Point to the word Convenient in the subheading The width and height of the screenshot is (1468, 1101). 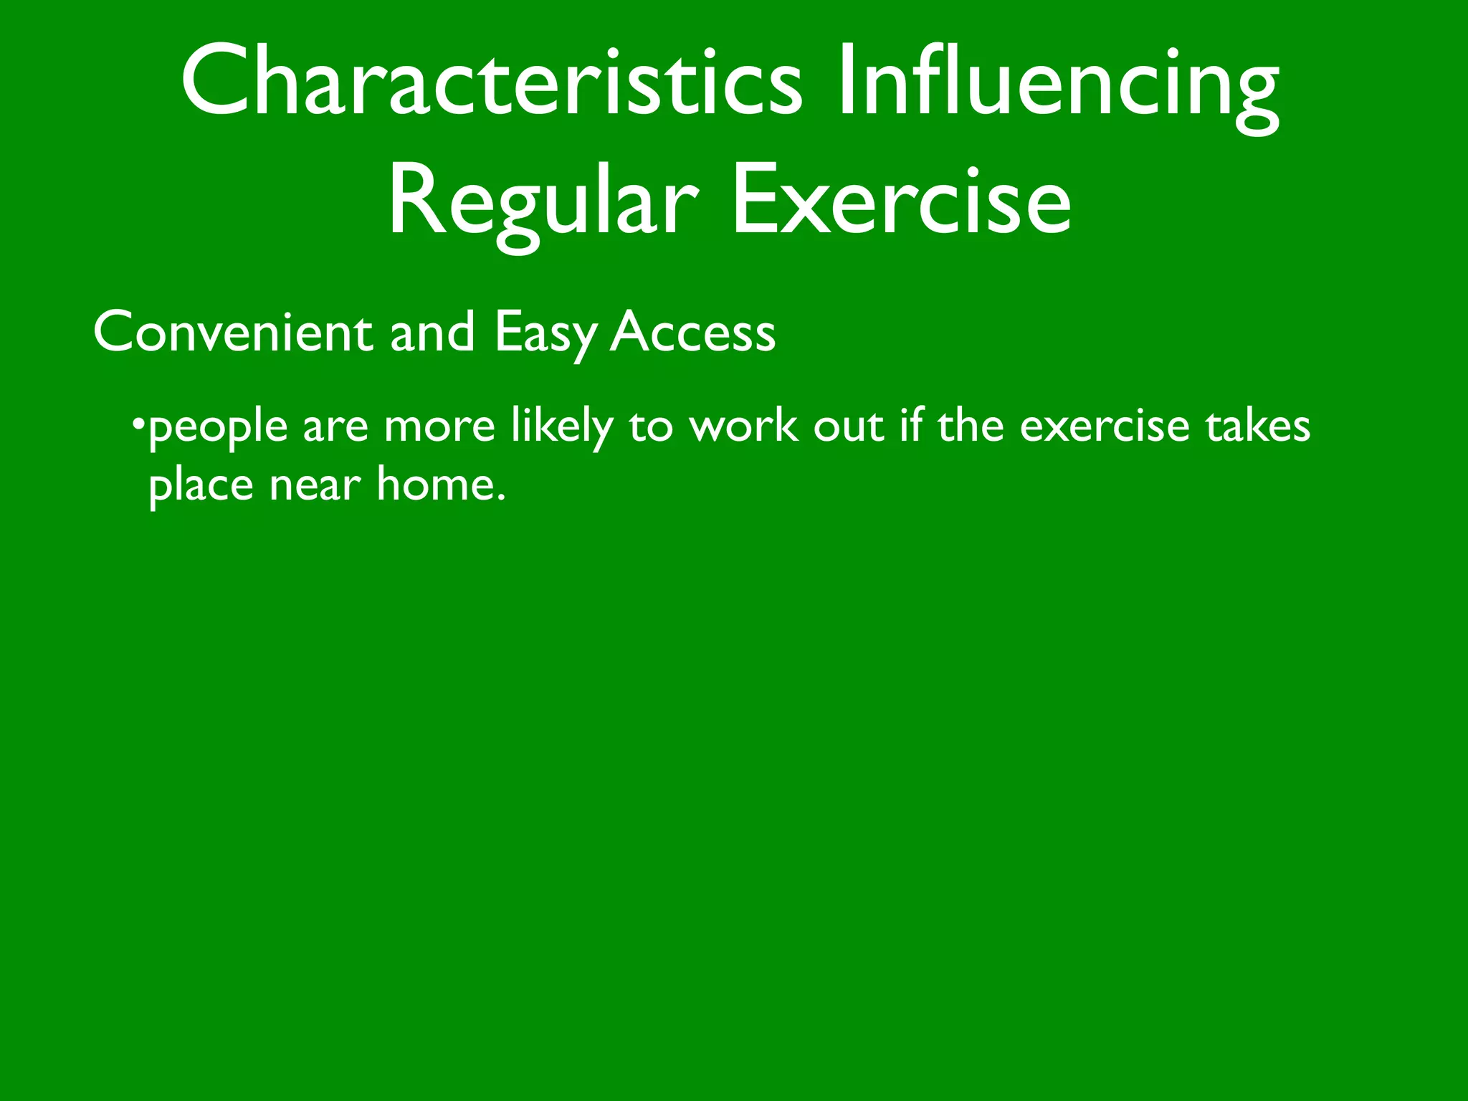tap(233, 333)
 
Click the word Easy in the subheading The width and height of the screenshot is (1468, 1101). tap(545, 334)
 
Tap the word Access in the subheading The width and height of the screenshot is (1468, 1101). tap(692, 333)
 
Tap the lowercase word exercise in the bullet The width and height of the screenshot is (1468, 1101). tap(1104, 427)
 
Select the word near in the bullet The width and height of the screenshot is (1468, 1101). tap(315, 486)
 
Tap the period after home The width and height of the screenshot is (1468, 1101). tap(501, 497)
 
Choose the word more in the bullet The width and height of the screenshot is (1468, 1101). tap(439, 427)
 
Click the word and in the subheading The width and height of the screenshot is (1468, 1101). tap(432, 333)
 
